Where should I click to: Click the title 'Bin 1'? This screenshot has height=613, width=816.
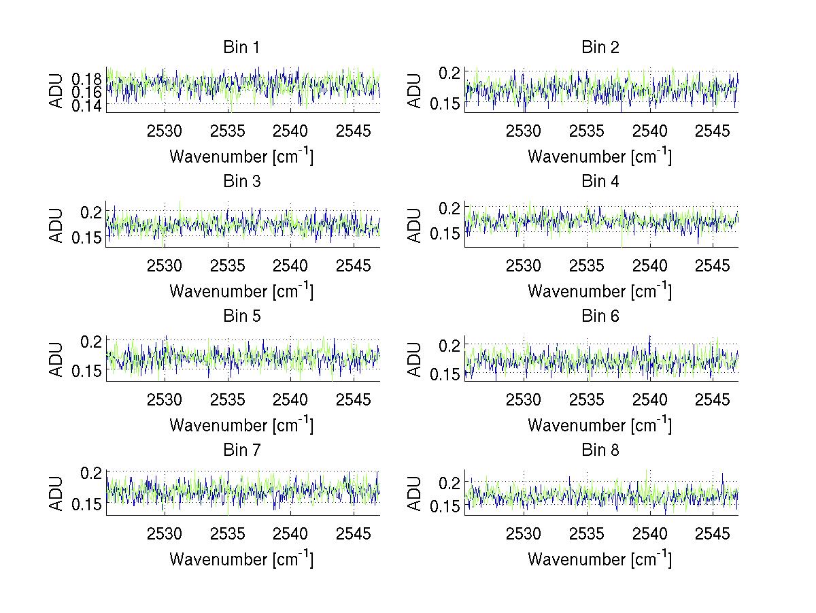[241, 48]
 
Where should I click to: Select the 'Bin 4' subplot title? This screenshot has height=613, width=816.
[600, 182]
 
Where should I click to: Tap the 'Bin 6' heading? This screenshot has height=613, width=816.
[600, 316]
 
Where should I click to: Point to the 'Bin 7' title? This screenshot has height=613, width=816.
[241, 450]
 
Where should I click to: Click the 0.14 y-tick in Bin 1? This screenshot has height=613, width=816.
[86, 105]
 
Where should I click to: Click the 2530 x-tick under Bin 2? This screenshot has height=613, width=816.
[524, 131]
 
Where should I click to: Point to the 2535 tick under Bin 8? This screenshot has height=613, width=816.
[586, 534]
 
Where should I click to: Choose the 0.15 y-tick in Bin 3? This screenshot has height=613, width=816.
[86, 237]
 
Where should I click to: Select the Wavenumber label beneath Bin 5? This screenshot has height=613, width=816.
[241, 425]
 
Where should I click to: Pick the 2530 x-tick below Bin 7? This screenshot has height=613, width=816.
[165, 534]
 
